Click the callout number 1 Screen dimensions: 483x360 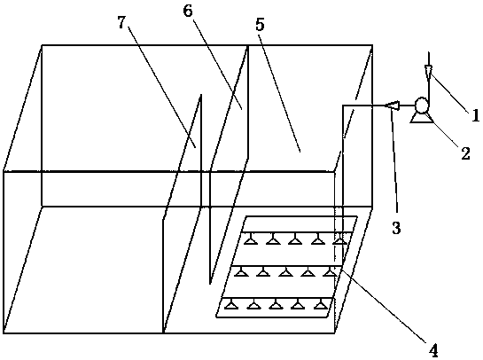(x=475, y=115)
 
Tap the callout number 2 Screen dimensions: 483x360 (x=465, y=153)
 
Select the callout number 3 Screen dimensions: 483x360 (x=396, y=228)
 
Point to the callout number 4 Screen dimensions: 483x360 (x=433, y=350)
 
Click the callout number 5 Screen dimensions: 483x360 (x=260, y=25)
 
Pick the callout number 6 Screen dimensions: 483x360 (x=188, y=11)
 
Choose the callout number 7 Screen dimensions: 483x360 (x=121, y=22)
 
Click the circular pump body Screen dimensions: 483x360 (x=421, y=106)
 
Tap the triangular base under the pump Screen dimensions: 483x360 (x=421, y=117)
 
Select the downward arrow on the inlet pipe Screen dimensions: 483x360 (x=428, y=71)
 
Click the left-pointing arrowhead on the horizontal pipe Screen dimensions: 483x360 (x=392, y=106)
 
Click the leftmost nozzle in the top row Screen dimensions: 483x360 (x=251, y=239)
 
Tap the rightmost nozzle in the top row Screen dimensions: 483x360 (x=339, y=239)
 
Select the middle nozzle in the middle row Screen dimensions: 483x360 (x=285, y=271)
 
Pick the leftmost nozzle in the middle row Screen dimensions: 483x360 (x=241, y=271)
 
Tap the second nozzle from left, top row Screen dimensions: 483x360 (x=273, y=239)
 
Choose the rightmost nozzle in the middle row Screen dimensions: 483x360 (x=330, y=271)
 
